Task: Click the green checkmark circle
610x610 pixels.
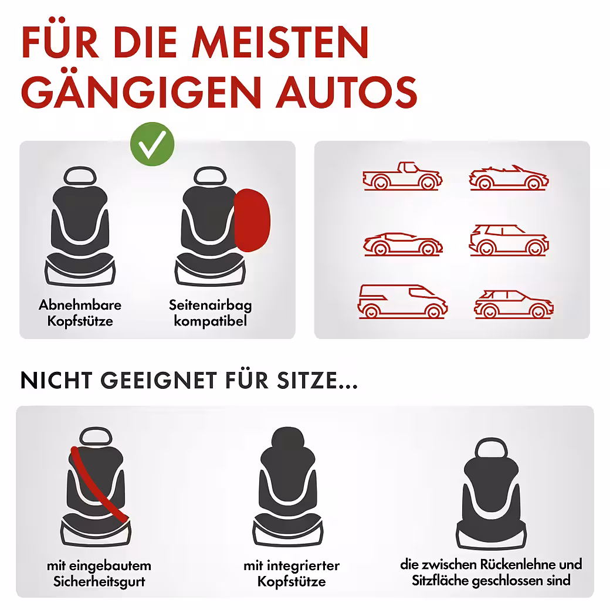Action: point(152,144)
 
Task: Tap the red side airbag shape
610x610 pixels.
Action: point(252,220)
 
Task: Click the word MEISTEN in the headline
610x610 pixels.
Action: point(280,42)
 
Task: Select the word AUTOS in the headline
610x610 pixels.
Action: point(347,92)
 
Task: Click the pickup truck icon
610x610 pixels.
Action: point(402,176)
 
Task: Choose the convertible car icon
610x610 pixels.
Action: point(509,178)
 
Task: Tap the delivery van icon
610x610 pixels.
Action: point(402,301)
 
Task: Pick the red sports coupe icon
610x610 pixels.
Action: point(402,244)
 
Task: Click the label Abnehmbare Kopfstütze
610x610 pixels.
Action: point(80,313)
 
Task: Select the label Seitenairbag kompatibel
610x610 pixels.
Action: point(211,313)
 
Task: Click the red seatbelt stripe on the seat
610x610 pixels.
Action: point(99,484)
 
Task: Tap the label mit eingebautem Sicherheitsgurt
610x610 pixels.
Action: point(99,573)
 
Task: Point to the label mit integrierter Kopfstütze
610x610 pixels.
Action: point(292,573)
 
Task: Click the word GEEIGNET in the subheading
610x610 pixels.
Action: point(158,380)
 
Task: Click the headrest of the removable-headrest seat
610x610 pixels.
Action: point(80,176)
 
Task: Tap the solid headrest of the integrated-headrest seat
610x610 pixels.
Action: point(288,439)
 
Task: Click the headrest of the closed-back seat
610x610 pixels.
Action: point(492,448)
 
